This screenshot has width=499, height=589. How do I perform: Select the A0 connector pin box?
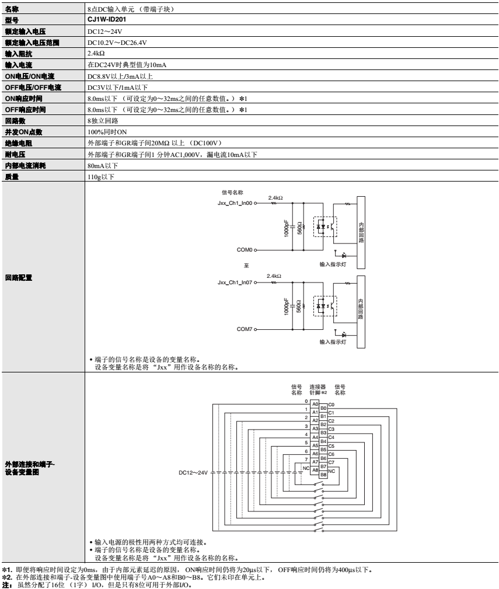coord(314,404)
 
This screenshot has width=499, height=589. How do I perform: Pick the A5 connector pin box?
coord(314,445)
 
